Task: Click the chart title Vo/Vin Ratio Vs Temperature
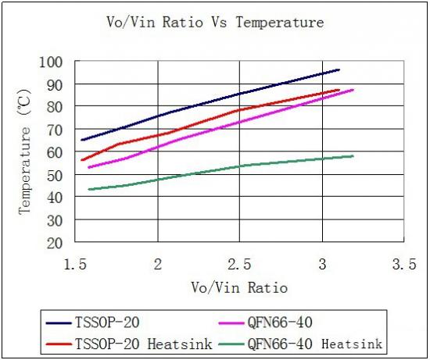tap(215, 22)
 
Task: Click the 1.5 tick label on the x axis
tap(75, 265)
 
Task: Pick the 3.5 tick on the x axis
tap(404, 265)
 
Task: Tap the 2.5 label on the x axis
tap(240, 265)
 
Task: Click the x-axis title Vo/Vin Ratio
tap(239, 287)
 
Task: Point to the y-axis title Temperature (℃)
tap(24, 151)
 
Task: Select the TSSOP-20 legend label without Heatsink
tap(107, 323)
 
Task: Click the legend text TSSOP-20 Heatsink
tap(143, 344)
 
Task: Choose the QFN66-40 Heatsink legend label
tap(315, 344)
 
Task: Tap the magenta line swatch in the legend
tap(231, 323)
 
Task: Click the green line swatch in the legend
tap(231, 344)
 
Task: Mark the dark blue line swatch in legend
tap(59, 323)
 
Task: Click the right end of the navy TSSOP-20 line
tap(339, 70)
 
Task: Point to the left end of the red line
tap(82, 160)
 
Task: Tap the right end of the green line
tap(353, 156)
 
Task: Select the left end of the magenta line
tap(89, 167)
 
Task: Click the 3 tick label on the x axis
tap(322, 265)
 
